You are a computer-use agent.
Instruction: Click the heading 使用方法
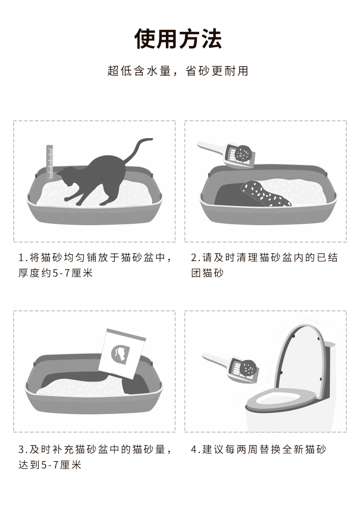click(178, 39)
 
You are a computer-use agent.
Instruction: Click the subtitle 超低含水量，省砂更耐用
click(178, 71)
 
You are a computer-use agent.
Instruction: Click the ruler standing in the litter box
click(50, 162)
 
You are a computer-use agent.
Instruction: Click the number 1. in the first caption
click(23, 258)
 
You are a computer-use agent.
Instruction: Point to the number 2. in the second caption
click(195, 258)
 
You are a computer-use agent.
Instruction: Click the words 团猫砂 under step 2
click(207, 273)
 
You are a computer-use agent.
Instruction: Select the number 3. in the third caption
click(23, 450)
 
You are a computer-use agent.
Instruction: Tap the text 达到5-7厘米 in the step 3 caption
click(50, 465)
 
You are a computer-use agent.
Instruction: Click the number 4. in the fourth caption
click(196, 450)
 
